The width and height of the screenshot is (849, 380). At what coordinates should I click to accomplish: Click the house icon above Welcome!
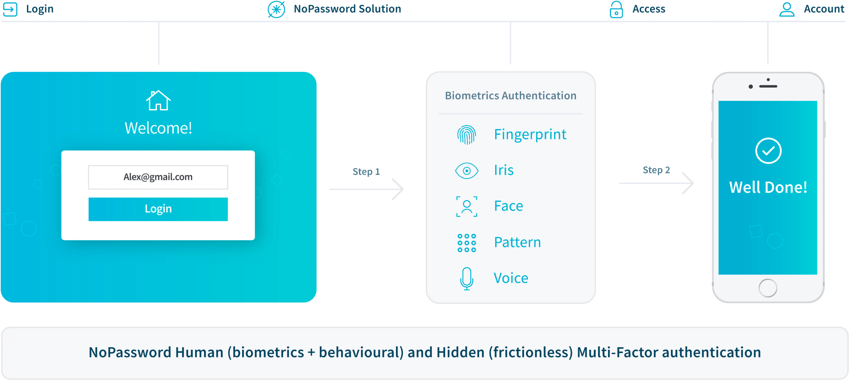click(158, 100)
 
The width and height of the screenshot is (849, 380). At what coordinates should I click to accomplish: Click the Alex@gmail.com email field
click(158, 177)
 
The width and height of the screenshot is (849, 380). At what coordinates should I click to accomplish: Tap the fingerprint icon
click(466, 135)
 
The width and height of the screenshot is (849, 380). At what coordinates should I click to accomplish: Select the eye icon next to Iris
click(466, 170)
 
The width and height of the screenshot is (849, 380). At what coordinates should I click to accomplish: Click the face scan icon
click(466, 206)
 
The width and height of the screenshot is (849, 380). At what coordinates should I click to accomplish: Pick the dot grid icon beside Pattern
click(466, 243)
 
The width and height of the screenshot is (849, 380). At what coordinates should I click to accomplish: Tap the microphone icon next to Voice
click(466, 279)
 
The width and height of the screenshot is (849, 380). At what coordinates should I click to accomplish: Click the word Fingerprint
click(530, 135)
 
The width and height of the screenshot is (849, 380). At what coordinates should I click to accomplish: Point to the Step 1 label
click(366, 172)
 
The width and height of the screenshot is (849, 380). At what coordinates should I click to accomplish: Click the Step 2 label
click(656, 170)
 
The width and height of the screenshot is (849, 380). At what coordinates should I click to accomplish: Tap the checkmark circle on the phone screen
click(768, 151)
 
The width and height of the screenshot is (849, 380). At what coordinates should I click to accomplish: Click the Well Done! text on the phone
click(768, 187)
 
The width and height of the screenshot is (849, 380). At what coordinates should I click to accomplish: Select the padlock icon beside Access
click(616, 9)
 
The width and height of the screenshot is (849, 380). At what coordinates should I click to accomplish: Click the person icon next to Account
click(787, 9)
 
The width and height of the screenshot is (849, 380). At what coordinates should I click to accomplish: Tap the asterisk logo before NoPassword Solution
click(276, 9)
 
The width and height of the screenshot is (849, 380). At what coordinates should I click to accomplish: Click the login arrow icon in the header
click(10, 9)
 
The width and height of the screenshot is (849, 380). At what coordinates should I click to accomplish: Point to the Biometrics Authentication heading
click(511, 96)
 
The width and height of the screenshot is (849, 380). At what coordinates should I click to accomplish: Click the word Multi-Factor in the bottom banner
click(617, 352)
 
